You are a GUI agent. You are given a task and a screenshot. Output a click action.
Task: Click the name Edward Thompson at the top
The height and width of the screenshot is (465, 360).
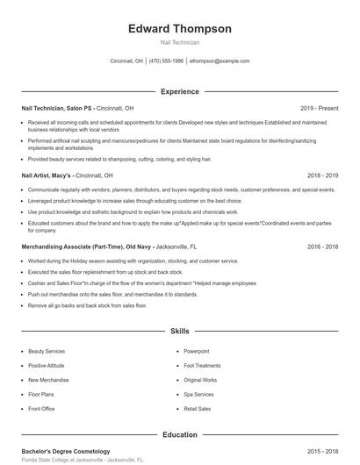[180, 29]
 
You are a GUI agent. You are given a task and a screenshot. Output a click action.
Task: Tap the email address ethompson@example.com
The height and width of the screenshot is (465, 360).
[220, 61]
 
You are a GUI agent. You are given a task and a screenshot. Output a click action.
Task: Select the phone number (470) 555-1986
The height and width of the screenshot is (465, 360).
[167, 61]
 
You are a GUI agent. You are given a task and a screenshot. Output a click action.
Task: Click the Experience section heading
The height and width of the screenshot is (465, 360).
[180, 91]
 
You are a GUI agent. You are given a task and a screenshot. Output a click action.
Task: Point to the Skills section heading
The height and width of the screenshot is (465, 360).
[180, 332]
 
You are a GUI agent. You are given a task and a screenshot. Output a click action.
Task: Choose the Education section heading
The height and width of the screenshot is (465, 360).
[180, 433]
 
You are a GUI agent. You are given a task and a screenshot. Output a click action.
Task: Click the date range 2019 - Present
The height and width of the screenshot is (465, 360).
[319, 108]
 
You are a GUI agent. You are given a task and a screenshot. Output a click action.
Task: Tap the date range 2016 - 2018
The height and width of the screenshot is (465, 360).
[322, 247]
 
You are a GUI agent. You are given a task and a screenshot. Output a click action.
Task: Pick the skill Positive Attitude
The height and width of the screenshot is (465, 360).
[47, 365]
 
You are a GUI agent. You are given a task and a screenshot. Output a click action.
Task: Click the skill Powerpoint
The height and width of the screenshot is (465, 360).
[197, 351]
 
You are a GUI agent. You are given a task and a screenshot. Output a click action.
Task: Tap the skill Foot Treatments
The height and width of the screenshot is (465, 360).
[202, 365]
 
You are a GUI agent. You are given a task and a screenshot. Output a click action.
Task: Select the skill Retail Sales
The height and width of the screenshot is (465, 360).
[198, 409]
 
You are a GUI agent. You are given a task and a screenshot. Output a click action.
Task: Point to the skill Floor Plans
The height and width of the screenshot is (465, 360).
[42, 394]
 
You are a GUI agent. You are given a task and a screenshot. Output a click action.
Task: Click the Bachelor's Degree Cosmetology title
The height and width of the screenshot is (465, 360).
[66, 451]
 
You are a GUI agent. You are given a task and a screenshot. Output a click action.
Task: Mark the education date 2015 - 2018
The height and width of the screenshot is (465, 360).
[322, 451]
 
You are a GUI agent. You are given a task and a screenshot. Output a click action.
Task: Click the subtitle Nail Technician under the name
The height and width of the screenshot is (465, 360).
[180, 42]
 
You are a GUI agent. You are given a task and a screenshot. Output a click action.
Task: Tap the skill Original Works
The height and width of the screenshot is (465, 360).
[200, 380]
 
